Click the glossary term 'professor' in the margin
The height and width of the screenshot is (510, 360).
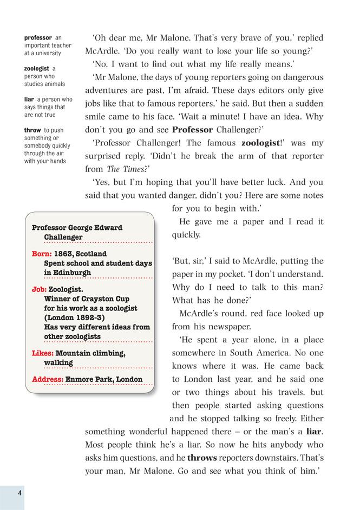coord(38,37)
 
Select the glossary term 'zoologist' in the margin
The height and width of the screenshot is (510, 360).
coord(37,69)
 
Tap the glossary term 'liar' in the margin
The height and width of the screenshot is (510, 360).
coord(29,100)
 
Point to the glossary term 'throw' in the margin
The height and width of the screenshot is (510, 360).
coord(33,130)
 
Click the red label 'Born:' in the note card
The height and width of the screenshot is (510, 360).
coord(43,254)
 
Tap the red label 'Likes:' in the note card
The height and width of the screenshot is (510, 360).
coord(43,353)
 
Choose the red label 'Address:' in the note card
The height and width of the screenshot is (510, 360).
coord(48,379)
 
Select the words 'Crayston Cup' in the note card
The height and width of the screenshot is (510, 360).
coord(104,299)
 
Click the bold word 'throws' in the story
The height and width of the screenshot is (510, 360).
coord(201,458)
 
